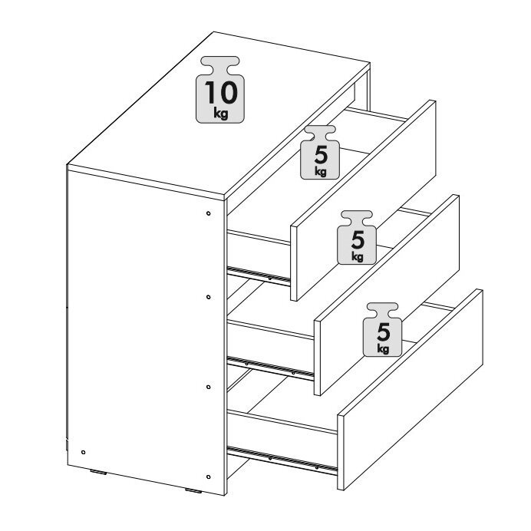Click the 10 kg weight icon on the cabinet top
coord(220,90)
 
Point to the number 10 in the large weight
coord(221,93)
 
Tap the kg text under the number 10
coord(221,113)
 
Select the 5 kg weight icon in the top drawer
coord(320,152)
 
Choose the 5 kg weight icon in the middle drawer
coord(357,237)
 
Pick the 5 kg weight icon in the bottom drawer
coord(382,329)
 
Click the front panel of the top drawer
coord(363,200)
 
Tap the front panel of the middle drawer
coord(387,295)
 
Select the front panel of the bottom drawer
coord(411,390)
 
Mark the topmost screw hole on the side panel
coord(208,213)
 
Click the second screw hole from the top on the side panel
coord(208,297)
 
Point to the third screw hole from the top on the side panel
coord(208,387)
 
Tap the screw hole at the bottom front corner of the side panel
coord(208,477)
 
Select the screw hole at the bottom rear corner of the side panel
coord(84,452)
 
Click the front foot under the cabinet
coord(193,490)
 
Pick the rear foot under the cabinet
coord(98,472)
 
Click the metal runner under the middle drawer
coord(271,367)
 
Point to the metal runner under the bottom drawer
coord(282,460)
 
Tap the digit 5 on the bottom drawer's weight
coord(384,331)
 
